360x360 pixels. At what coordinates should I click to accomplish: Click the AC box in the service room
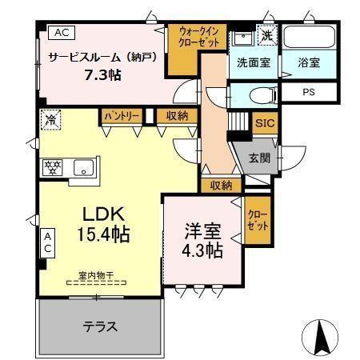click(x=61, y=33)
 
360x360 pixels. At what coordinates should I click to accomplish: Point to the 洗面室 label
click(x=253, y=62)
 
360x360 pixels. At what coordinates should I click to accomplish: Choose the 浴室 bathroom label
click(x=309, y=62)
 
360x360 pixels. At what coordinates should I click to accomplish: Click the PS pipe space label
click(x=308, y=93)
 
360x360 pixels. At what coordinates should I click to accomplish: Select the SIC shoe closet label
click(x=264, y=123)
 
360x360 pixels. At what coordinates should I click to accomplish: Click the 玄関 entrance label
click(x=259, y=158)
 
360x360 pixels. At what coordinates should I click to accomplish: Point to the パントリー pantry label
click(x=122, y=117)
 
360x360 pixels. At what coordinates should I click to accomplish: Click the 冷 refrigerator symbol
click(x=50, y=119)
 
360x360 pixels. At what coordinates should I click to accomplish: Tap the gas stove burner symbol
click(x=53, y=168)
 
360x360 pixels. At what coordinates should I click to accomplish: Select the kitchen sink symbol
click(x=83, y=168)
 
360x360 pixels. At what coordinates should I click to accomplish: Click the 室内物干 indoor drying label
click(x=96, y=276)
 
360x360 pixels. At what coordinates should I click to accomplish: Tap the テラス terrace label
click(x=101, y=326)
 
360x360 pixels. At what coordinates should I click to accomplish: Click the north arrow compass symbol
click(x=322, y=337)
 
